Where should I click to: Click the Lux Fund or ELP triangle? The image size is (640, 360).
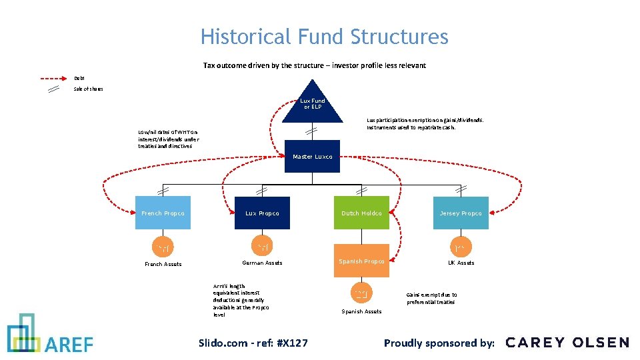pyautogui.click(x=312, y=106)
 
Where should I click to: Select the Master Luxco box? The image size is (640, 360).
pyautogui.click(x=312, y=157)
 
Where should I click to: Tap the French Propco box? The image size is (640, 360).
pyautogui.click(x=163, y=213)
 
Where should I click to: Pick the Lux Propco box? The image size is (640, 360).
pyautogui.click(x=262, y=213)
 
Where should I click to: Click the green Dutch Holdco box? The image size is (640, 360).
pyautogui.click(x=361, y=213)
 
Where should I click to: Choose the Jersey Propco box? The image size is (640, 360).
pyautogui.click(x=461, y=213)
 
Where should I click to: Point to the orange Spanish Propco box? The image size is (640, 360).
pyautogui.click(x=361, y=261)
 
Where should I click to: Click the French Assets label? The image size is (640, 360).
pyautogui.click(x=163, y=264)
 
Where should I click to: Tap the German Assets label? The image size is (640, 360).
pyautogui.click(x=262, y=263)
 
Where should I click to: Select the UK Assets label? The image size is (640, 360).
pyautogui.click(x=461, y=263)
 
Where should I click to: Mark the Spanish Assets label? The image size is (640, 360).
pyautogui.click(x=361, y=311)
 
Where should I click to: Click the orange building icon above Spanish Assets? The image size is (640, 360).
pyautogui.click(x=361, y=293)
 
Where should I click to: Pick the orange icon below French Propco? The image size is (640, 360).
pyautogui.click(x=163, y=249)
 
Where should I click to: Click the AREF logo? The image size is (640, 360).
pyautogui.click(x=50, y=334)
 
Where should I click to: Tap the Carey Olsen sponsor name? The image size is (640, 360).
pyautogui.click(x=567, y=343)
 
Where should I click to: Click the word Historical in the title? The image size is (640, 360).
pyautogui.click(x=240, y=37)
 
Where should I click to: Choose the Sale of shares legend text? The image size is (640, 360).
pyautogui.click(x=89, y=89)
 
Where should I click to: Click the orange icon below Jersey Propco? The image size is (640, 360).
pyautogui.click(x=461, y=249)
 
